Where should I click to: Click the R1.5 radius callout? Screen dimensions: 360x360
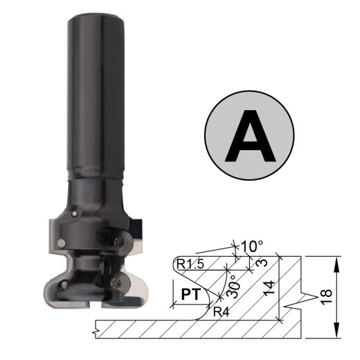coord(191,264)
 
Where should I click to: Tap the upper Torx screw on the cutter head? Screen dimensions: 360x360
coord(123,240)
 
